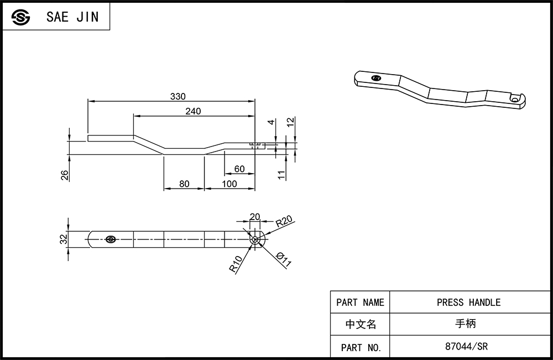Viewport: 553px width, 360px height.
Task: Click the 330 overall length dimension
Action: click(178, 96)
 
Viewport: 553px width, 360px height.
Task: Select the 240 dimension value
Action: click(193, 111)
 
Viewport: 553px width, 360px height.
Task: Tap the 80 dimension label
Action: click(184, 184)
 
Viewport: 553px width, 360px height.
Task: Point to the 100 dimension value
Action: click(229, 184)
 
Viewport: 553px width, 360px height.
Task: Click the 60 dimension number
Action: click(239, 169)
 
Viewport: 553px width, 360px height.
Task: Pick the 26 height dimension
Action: click(65, 175)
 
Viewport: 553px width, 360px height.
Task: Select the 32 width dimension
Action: click(64, 239)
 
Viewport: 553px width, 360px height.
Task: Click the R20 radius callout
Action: click(284, 221)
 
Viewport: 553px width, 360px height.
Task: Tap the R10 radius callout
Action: click(236, 264)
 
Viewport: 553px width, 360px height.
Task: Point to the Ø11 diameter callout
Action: click(284, 259)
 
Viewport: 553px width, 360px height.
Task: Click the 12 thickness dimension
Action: click(290, 122)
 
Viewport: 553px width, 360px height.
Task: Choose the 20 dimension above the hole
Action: click(254, 216)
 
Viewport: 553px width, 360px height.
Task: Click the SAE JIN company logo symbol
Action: click(21, 17)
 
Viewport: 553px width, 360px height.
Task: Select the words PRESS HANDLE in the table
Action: click(469, 302)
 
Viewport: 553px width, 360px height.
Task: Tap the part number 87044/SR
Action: click(466, 346)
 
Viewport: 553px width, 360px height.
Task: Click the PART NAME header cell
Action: click(360, 302)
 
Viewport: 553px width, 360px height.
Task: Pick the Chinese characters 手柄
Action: click(466, 324)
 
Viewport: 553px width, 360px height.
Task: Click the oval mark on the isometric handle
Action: click(377, 78)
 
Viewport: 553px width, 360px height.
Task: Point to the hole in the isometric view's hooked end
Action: click(515, 100)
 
